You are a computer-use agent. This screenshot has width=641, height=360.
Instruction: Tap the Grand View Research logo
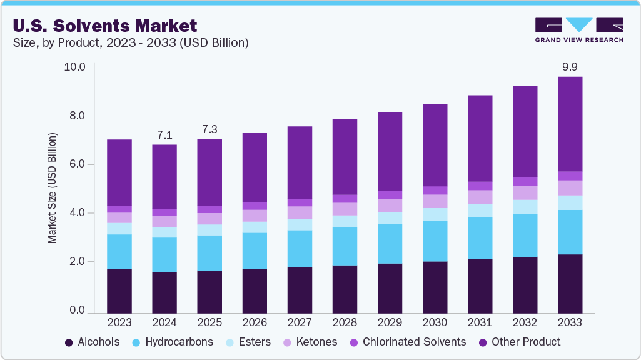click(578, 29)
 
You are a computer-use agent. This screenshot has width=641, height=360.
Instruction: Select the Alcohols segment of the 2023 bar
click(119, 291)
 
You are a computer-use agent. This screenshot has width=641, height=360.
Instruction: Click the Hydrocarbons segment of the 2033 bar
click(570, 232)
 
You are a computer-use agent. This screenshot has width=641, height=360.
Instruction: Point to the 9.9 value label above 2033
click(570, 66)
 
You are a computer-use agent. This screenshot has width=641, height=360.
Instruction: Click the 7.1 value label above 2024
click(164, 134)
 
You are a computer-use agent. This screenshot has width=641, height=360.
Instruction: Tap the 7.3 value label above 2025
click(209, 129)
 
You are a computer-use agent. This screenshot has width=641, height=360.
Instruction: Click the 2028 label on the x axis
click(345, 322)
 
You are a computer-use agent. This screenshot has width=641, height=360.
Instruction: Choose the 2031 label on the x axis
click(480, 322)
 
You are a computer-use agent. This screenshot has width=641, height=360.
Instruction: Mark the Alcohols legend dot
click(68, 342)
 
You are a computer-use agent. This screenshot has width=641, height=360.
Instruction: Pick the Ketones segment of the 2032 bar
click(525, 192)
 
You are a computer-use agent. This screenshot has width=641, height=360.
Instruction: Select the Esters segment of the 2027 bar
click(300, 224)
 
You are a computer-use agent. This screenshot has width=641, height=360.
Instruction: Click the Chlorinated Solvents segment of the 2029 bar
click(390, 195)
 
